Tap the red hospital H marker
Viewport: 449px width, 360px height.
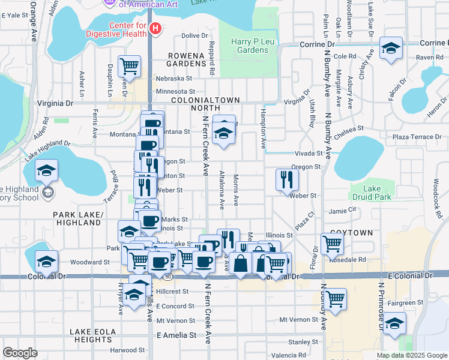click(155, 28)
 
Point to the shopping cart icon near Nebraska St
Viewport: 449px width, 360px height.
click(129, 65)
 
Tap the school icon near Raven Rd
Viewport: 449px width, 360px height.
click(391, 47)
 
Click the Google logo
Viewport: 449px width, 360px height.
click(20, 353)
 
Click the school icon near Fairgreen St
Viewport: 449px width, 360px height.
click(394, 323)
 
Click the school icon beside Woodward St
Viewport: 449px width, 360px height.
click(46, 262)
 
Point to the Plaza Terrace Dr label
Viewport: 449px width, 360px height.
click(417, 137)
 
